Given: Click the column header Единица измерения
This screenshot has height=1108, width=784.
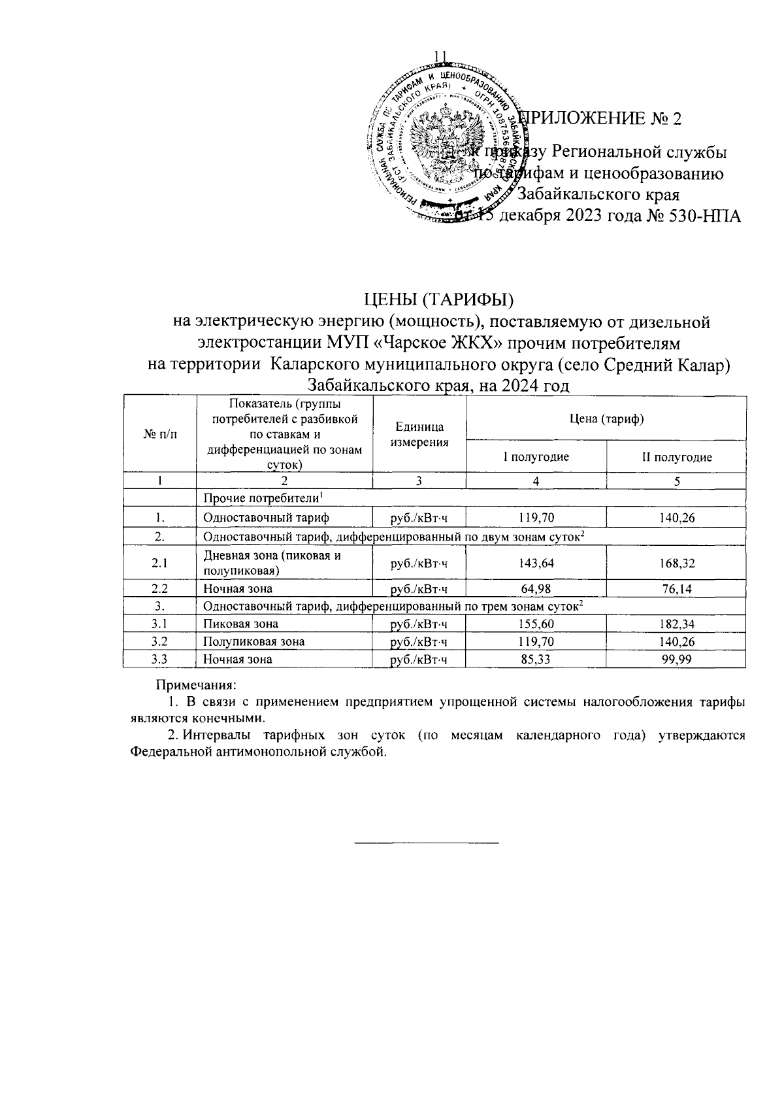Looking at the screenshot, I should tap(419, 434).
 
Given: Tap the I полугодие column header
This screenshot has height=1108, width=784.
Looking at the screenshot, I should tap(536, 457).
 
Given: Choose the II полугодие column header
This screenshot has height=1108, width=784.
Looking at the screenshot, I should tap(676, 457).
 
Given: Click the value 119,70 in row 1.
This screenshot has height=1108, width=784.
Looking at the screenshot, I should tap(536, 518).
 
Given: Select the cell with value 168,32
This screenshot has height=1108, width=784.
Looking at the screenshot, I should tap(676, 562).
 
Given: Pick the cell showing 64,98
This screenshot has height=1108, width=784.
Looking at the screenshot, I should tap(536, 589).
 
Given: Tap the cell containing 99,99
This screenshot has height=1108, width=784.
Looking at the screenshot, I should tap(676, 659).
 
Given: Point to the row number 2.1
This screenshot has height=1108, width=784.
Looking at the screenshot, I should tap(159, 562).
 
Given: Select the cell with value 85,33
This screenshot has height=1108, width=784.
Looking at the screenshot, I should tap(536, 659).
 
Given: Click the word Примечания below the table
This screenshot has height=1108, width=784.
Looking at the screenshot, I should tap(196, 686).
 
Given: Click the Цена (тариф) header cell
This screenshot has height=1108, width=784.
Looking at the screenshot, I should tap(606, 418).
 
